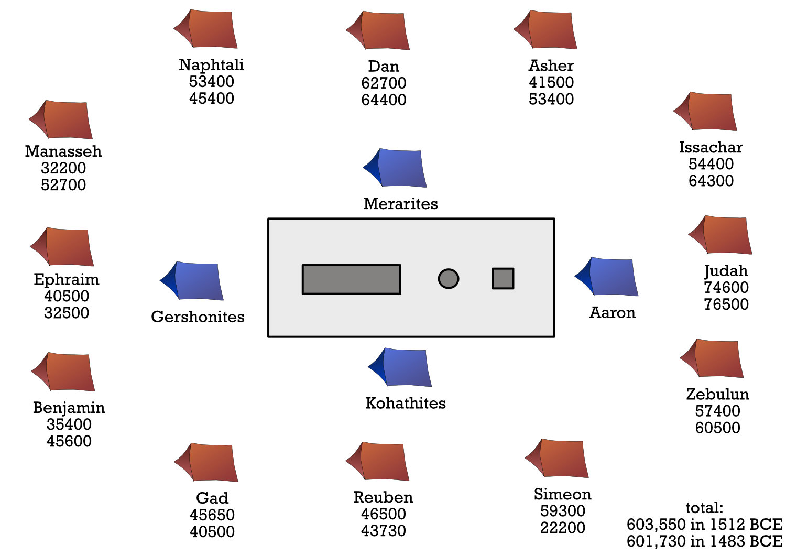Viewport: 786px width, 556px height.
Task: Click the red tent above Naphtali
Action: [207, 29]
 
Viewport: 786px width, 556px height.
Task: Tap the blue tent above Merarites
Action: [396, 168]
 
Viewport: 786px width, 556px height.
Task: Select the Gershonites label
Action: [198, 317]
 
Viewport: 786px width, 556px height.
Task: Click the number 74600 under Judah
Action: [726, 287]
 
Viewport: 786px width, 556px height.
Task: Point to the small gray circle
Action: [448, 279]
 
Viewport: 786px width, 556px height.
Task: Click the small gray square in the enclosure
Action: [503, 278]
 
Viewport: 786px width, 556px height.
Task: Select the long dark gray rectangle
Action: [351, 279]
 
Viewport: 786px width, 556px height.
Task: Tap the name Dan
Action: [384, 67]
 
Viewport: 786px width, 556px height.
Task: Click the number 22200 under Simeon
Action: [562, 527]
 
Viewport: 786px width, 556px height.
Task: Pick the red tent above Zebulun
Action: [713, 359]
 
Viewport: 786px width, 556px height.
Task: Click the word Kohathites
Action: [406, 403]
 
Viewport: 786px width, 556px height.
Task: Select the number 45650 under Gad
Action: [212, 515]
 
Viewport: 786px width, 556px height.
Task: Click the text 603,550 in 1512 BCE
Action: [704, 524]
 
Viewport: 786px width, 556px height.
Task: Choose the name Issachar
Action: [711, 147]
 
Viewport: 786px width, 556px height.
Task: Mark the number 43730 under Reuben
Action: [384, 530]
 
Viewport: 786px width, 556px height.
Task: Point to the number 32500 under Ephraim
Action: [67, 312]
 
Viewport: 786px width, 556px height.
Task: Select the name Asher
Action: [551, 66]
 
